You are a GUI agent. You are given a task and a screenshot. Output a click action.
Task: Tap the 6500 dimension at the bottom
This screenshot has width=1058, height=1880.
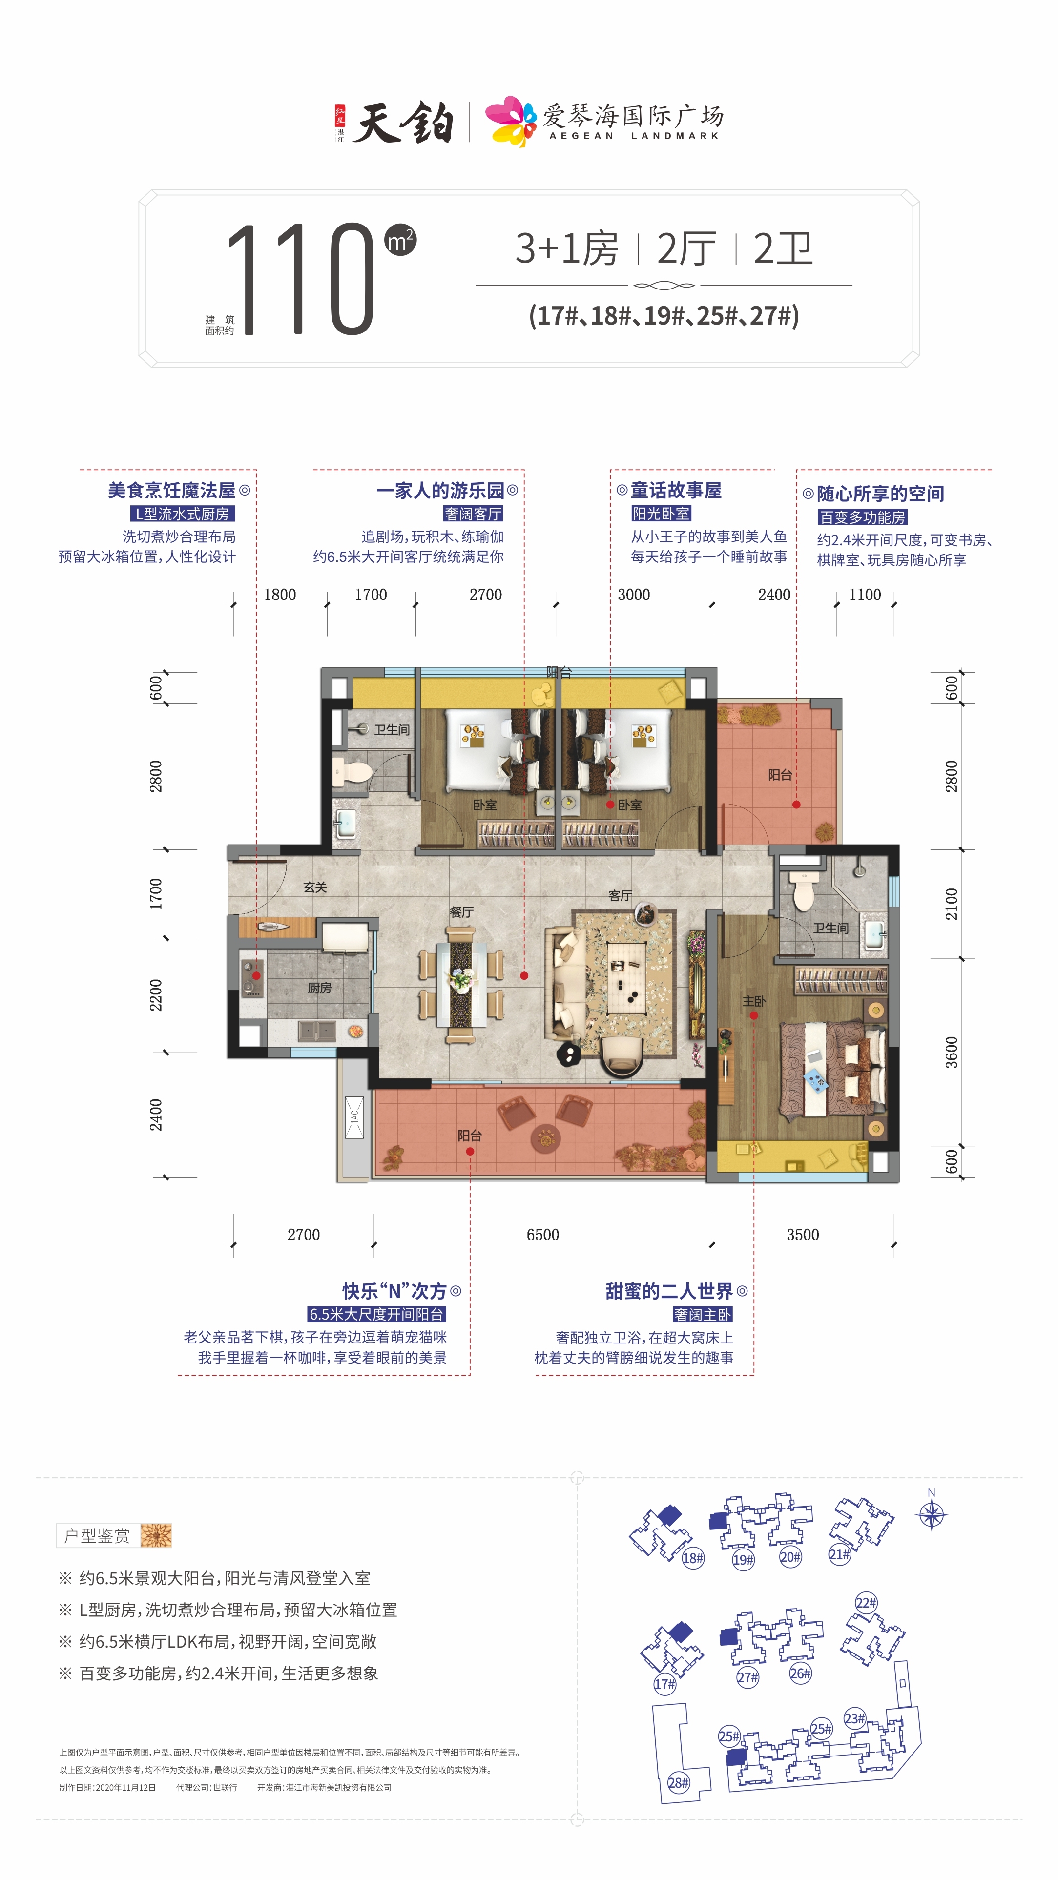pyautogui.click(x=543, y=1234)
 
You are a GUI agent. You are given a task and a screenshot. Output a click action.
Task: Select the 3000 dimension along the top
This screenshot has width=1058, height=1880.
pyautogui.click(x=633, y=594)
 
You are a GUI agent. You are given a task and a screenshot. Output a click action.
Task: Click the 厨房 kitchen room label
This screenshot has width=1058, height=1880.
pyautogui.click(x=320, y=988)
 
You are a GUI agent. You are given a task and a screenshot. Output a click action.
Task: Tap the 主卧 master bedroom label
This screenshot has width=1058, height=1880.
pyautogui.click(x=754, y=1001)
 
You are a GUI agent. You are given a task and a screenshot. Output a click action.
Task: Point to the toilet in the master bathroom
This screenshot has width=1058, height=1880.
pyautogui.click(x=803, y=889)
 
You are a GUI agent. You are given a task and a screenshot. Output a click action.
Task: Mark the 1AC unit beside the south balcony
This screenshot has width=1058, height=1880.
pyautogui.click(x=354, y=1116)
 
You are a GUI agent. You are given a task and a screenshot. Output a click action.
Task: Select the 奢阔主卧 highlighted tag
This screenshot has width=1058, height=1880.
pyautogui.click(x=702, y=1314)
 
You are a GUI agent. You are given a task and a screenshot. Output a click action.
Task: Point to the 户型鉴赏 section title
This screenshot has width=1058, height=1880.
pyautogui.click(x=97, y=1535)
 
